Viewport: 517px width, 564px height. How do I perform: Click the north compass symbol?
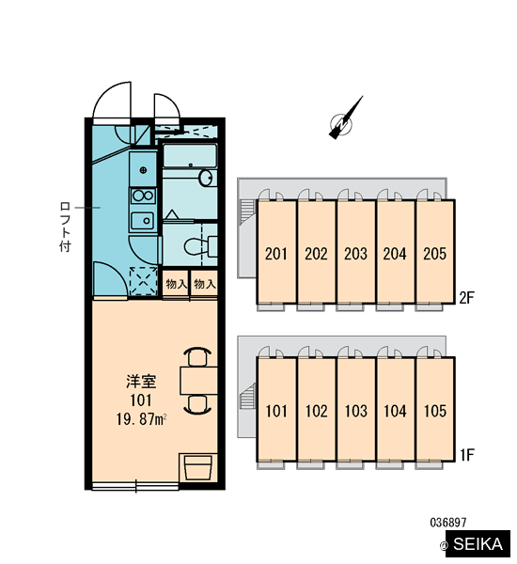pos(342,122)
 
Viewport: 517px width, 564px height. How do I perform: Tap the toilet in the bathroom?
pos(200,246)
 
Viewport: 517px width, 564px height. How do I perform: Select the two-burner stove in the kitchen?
pos(143,196)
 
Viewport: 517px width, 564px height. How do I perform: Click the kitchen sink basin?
pos(143,221)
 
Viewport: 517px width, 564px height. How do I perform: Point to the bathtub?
pos(190,156)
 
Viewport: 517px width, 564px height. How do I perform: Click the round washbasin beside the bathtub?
pos(206,178)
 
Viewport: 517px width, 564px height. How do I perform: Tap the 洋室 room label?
pos(141,382)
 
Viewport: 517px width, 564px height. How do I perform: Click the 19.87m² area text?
pos(141,419)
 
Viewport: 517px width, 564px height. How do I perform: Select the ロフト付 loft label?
pos(65,227)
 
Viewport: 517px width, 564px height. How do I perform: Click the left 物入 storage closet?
pos(176,284)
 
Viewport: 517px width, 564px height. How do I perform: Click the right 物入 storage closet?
pos(204,284)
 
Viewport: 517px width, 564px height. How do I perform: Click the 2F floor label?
pos(466,297)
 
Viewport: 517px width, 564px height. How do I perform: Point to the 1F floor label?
pos(467,455)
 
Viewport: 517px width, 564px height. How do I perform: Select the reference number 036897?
pos(448,523)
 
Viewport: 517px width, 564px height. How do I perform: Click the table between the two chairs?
pos(198,381)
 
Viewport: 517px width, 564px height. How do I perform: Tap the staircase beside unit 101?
pos(247,397)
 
